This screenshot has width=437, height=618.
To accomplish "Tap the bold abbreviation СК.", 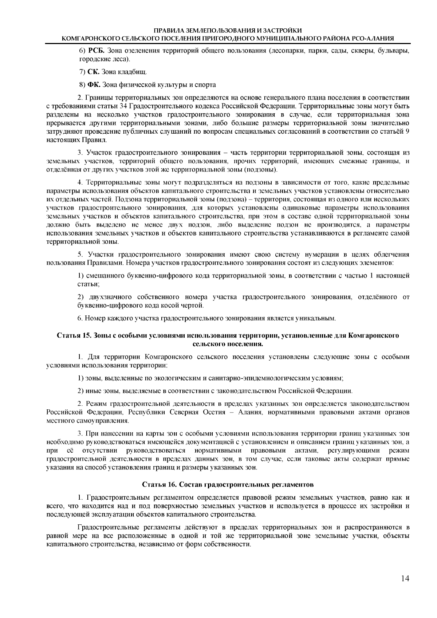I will coord(93,71).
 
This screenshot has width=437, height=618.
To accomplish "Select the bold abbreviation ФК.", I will coord(94,85).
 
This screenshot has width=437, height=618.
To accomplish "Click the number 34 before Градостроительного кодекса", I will coord(123,106).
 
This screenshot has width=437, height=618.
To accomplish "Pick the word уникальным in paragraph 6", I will coord(318,319).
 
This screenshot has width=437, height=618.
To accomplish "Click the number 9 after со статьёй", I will coord(407,131).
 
